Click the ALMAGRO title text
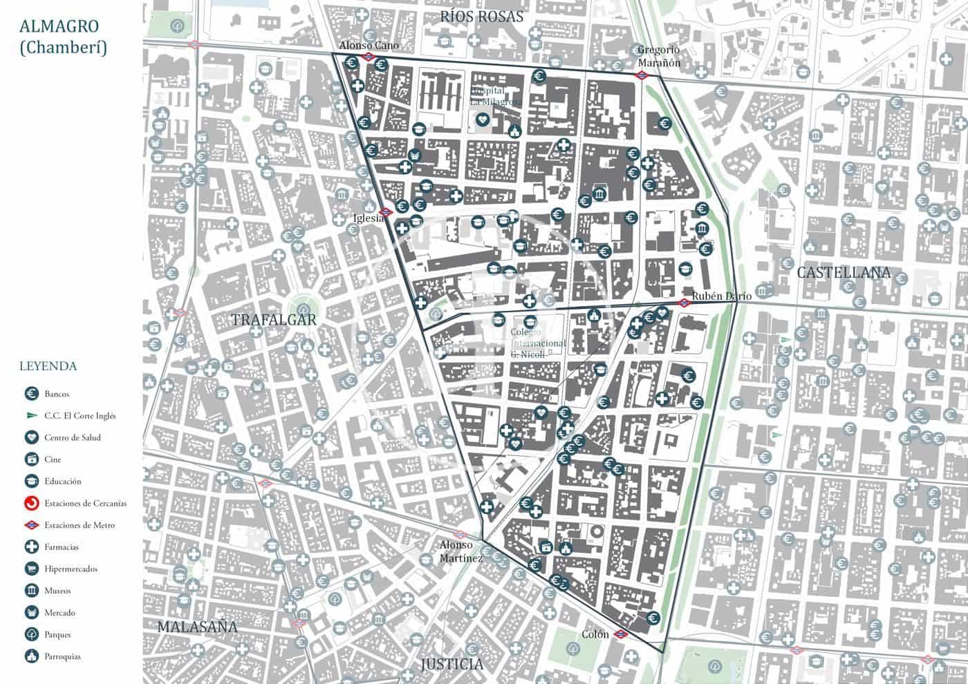pos(59,27)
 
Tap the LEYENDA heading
pos(48,366)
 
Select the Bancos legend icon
pos(31,394)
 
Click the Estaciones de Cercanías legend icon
pos(31,503)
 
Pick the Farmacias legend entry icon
pos(31,547)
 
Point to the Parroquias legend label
pos(62,656)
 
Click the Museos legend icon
pos(31,591)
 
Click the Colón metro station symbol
pos(621,634)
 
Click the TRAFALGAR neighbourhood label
pos(274,320)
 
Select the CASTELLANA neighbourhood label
pos(844,272)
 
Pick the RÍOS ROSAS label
pos(482,17)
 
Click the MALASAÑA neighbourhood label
pos(197,627)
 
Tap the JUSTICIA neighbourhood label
pos(452,665)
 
